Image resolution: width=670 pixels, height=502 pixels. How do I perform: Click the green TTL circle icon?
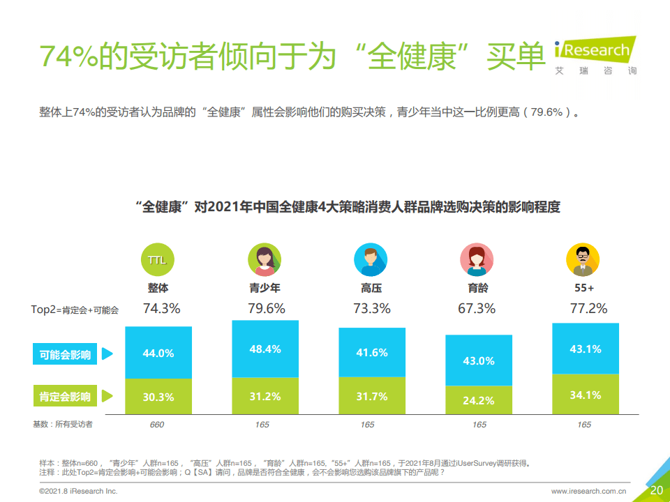(x=158, y=260)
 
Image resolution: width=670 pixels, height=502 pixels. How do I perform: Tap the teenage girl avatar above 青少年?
(x=265, y=260)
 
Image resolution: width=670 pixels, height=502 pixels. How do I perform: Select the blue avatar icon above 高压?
(x=371, y=260)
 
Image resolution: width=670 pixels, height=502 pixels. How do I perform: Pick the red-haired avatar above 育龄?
(x=477, y=260)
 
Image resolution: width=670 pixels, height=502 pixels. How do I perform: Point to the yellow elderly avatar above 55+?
(x=583, y=260)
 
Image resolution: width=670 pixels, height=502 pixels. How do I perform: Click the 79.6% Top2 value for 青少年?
(x=266, y=308)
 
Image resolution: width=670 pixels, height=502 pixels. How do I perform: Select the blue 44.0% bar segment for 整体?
(x=158, y=353)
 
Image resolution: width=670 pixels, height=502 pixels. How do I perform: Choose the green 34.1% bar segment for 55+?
(x=585, y=395)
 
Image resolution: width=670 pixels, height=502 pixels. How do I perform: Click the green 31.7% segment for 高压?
(x=372, y=396)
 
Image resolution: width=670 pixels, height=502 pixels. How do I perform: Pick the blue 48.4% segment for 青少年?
(x=265, y=349)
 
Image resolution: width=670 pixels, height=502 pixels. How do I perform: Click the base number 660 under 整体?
(x=157, y=425)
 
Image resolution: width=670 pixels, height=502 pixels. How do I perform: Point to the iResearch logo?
(x=594, y=53)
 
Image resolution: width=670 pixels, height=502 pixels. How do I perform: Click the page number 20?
(x=656, y=490)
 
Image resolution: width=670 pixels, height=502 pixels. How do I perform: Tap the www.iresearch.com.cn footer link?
(x=588, y=492)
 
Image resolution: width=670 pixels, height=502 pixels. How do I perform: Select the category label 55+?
(x=584, y=287)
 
